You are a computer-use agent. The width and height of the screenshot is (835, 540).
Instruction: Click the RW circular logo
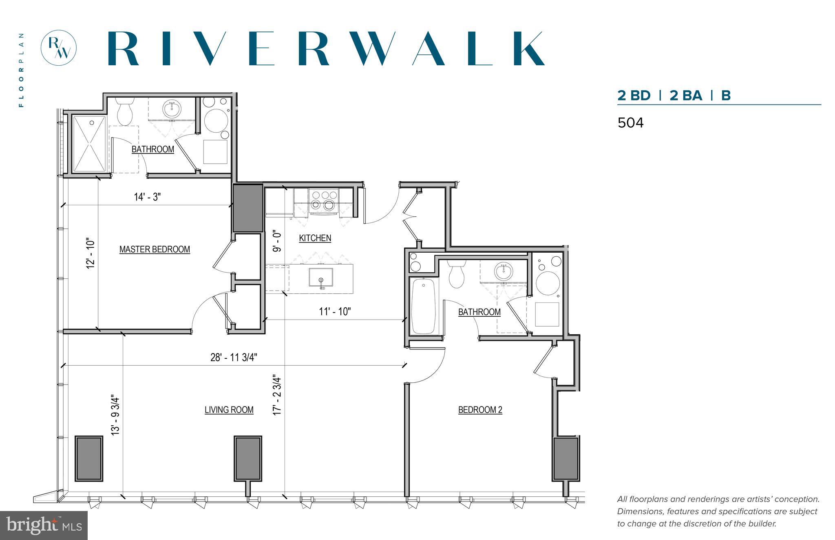(x=59, y=48)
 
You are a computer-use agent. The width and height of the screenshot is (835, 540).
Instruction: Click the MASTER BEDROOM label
(x=155, y=249)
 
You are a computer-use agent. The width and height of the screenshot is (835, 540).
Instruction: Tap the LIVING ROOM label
(x=229, y=409)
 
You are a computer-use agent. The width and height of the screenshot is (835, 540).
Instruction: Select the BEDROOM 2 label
(x=480, y=409)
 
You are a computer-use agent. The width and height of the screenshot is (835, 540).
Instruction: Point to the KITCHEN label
(x=315, y=238)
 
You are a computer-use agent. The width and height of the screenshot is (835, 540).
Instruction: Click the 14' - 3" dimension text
(x=147, y=197)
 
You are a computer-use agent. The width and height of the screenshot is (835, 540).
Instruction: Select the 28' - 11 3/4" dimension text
(x=234, y=357)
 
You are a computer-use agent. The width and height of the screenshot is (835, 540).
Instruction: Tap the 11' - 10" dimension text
(x=335, y=311)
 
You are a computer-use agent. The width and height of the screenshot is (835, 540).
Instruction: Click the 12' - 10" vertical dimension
(x=90, y=253)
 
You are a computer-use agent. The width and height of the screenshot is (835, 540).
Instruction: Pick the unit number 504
(x=630, y=123)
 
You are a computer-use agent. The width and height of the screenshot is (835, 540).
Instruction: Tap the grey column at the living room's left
(x=88, y=458)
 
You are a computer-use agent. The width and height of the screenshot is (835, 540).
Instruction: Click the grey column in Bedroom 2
(x=566, y=458)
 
